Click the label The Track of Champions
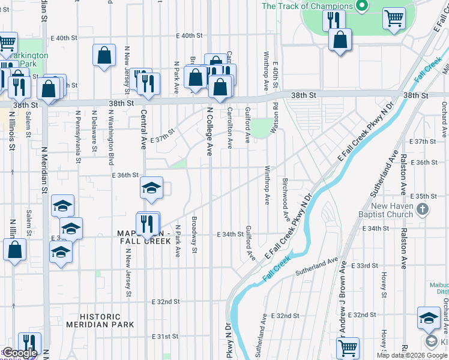[307, 6]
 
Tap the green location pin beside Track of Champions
[361, 7]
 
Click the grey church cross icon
[423, 209]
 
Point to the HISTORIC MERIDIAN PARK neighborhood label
[108, 320]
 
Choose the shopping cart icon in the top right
[394, 19]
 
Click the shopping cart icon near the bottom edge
[348, 347]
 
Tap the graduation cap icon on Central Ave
[151, 188]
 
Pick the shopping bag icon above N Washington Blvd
[104, 55]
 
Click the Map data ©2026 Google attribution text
[412, 355]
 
